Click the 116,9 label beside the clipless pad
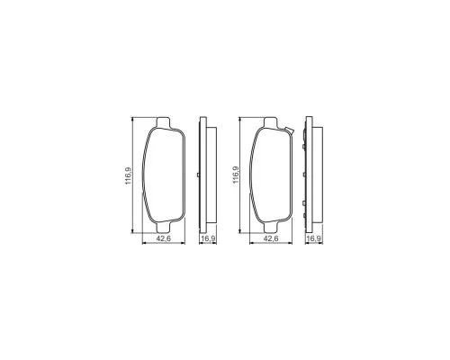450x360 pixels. point(129,175)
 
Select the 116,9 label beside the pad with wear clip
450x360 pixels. point(236,175)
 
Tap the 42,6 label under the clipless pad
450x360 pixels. point(164,238)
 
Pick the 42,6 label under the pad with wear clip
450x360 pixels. point(271,238)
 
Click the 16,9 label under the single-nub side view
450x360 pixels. point(208,238)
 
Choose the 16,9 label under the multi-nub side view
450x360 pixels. point(314,238)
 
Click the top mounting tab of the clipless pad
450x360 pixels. point(163,122)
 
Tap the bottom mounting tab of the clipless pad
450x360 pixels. point(163,227)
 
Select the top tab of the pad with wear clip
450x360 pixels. point(271,122)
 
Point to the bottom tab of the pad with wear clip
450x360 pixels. point(271,227)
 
